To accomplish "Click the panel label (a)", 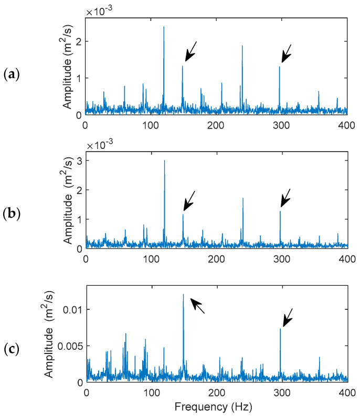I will pos(11,73).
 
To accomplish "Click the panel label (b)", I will pos(11,214).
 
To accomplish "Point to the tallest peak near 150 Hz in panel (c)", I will pos(183,295).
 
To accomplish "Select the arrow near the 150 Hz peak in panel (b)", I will pos(190,200).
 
